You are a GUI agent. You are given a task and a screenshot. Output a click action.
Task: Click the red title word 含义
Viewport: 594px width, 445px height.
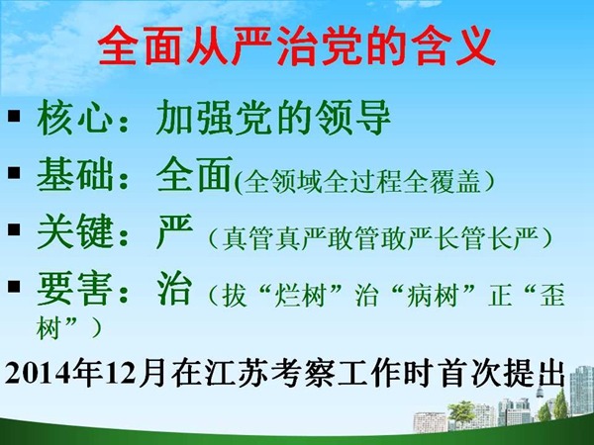(x=453, y=46)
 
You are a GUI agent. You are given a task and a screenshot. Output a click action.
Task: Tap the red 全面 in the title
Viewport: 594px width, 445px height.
(x=139, y=46)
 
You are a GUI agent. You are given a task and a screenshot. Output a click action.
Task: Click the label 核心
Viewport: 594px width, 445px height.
(x=74, y=118)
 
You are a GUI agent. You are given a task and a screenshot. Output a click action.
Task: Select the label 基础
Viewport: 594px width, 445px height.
(x=74, y=174)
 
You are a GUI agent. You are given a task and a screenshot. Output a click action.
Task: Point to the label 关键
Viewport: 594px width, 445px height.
(x=74, y=230)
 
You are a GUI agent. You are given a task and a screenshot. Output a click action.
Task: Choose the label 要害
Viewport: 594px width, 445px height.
(x=74, y=289)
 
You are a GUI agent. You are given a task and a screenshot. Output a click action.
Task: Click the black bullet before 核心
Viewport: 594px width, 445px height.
(x=14, y=116)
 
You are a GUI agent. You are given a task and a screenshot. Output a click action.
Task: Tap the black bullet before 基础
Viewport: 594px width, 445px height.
(x=14, y=172)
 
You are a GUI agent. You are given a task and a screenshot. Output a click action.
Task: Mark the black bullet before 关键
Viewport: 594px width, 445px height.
(x=14, y=229)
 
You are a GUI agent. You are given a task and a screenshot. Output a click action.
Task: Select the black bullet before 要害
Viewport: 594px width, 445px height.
(x=14, y=286)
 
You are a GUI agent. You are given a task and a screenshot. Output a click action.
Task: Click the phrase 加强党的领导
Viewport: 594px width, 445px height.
(x=273, y=118)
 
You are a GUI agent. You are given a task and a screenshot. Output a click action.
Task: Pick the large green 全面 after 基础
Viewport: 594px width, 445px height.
(x=194, y=174)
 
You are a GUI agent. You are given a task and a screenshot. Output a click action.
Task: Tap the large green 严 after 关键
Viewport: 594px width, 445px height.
(x=174, y=230)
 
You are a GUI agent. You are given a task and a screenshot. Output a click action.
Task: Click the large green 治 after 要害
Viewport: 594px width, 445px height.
(x=174, y=289)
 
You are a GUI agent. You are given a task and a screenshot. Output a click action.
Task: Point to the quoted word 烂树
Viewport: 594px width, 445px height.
(x=301, y=296)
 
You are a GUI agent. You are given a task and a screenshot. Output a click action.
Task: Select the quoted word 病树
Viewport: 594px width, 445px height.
(x=433, y=296)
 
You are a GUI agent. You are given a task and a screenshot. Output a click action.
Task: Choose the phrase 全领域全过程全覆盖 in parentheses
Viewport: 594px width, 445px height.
(x=362, y=182)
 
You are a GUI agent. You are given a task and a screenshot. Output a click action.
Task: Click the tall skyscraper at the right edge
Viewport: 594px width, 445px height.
(x=581, y=391)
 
